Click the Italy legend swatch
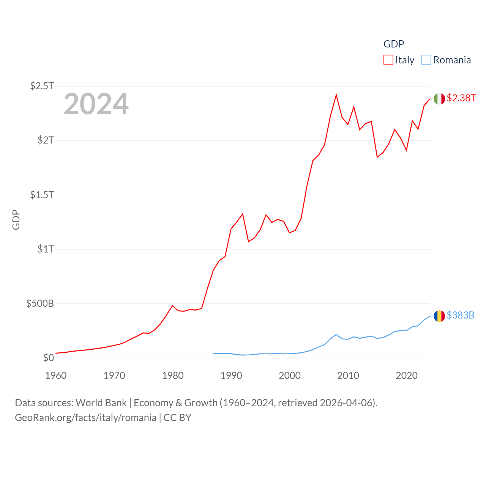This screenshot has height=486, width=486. coord(388,60)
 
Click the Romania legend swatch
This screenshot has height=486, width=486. coord(426,60)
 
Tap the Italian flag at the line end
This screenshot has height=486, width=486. coord(439,99)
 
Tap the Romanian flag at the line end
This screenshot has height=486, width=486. coord(439,316)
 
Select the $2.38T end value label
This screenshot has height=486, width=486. coord(461,98)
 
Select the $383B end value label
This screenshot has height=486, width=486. coord(460,316)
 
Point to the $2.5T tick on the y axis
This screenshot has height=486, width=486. coord(42,86)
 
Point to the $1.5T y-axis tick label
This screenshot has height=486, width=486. coord(42,195)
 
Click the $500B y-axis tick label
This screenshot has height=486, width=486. coord(40,303)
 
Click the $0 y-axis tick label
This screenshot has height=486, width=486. coord(48,358)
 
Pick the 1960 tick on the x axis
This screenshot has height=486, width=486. coord(56,376)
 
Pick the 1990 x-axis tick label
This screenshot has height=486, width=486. coord(231,376)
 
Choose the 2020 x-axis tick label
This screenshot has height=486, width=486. coord(407,376)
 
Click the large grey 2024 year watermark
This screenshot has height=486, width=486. coord(96,104)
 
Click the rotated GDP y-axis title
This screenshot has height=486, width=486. coord(16,219)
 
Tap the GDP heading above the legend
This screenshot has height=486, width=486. coord(394,44)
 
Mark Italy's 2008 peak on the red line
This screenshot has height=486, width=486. coord(336,95)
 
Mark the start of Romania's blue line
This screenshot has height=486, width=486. coord(214,353)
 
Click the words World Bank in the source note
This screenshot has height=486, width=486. coord(101,403)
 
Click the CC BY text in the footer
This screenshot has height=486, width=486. coord(177,418)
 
